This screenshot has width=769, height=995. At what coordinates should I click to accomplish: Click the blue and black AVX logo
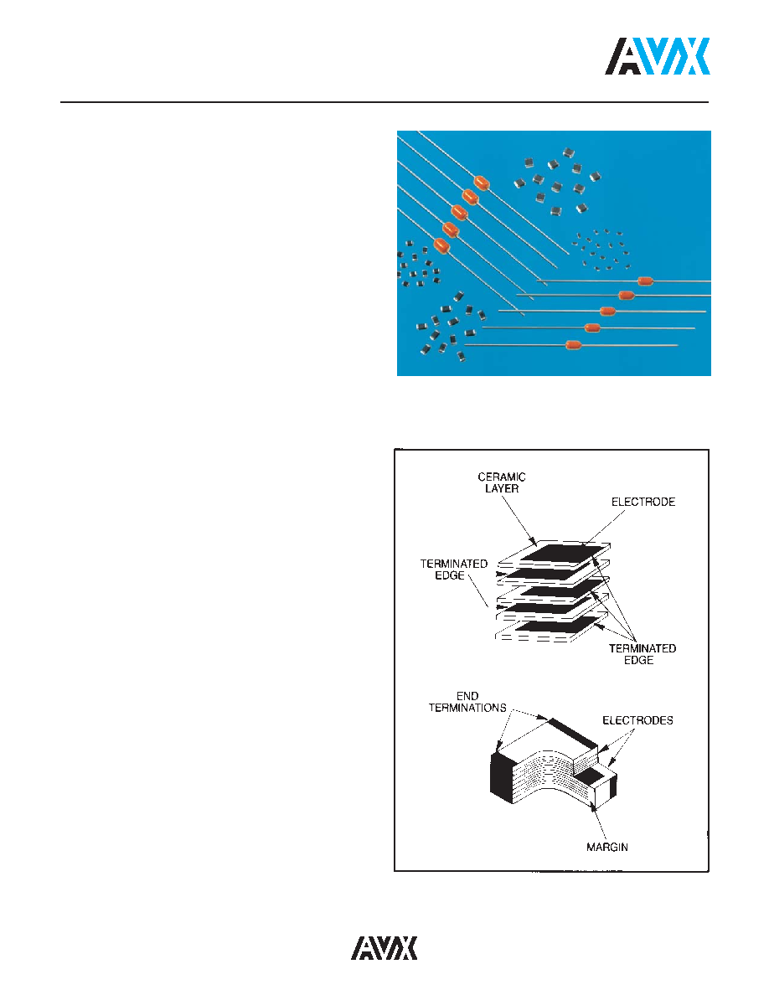pyautogui.click(x=658, y=56)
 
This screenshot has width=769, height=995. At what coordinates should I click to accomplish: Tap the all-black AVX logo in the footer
pyautogui.click(x=384, y=947)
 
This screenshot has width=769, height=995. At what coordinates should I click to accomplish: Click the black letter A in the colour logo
pyautogui.click(x=622, y=56)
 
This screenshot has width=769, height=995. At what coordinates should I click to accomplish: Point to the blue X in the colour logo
pyautogui.click(x=693, y=56)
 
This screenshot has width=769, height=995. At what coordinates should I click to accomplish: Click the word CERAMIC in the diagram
pyautogui.click(x=502, y=477)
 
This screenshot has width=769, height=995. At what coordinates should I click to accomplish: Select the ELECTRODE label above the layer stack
pyautogui.click(x=643, y=502)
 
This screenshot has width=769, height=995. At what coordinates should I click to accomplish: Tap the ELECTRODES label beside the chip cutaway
pyautogui.click(x=637, y=720)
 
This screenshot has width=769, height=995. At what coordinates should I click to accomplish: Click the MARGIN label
pyautogui.click(x=607, y=847)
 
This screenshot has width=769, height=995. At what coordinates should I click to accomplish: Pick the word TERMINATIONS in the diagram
pyautogui.click(x=467, y=708)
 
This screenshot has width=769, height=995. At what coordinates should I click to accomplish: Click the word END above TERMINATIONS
pyautogui.click(x=467, y=696)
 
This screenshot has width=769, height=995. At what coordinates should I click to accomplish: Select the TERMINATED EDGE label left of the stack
pyautogui.click(x=454, y=570)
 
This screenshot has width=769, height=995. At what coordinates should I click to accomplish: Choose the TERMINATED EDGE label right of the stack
pyautogui.click(x=643, y=654)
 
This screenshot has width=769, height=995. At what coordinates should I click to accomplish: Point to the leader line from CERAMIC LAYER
pyautogui.click(x=519, y=520)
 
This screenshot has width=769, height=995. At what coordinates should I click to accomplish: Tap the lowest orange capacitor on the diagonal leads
pyautogui.click(x=441, y=245)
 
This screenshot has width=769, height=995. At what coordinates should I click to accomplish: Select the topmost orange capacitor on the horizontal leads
pyautogui.click(x=645, y=281)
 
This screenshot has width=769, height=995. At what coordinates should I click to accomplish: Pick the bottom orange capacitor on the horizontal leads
pyautogui.click(x=574, y=345)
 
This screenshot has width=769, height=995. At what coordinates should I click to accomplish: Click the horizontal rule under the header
pyautogui.click(x=384, y=101)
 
